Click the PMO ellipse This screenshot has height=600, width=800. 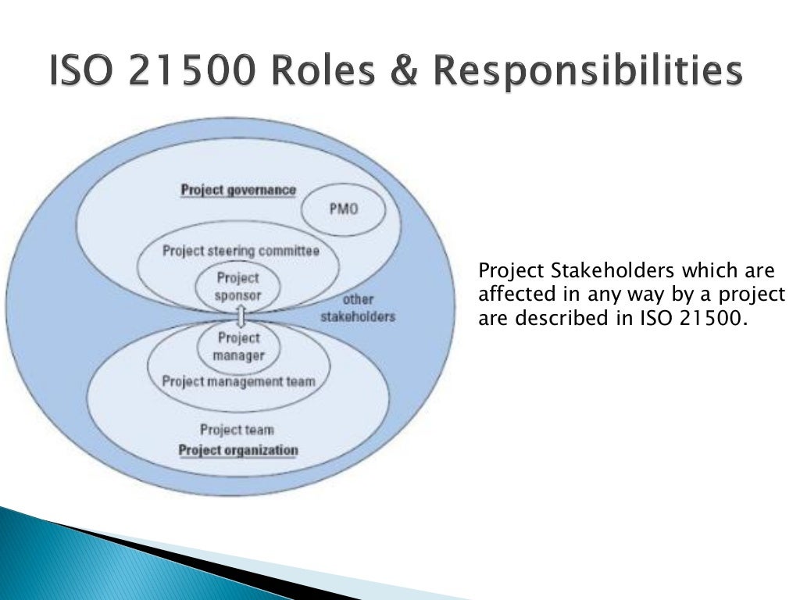[343, 209]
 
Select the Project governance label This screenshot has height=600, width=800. [238, 190]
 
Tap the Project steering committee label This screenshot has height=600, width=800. [241, 251]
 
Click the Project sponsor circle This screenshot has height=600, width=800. [237, 287]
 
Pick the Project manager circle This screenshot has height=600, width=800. [237, 346]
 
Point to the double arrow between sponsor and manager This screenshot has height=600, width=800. [240, 316]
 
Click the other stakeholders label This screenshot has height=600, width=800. [358, 308]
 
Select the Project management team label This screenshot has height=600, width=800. [238, 381]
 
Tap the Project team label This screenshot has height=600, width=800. [237, 429]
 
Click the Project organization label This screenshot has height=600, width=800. [238, 450]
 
